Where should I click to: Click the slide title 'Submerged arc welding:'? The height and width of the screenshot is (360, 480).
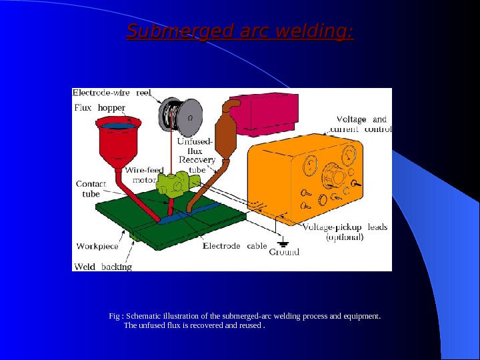point(241,31)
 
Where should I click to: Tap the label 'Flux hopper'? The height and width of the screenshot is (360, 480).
point(99,107)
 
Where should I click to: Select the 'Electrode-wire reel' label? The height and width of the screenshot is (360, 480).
point(112,93)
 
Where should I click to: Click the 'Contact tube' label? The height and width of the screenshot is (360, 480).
point(89,189)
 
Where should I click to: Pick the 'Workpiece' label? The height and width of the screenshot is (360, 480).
point(97,246)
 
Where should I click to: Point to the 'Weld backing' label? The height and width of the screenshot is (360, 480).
point(103,267)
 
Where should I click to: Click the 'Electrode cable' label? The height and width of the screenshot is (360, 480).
point(235,246)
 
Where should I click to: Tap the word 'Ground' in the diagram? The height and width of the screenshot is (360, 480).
point(284,252)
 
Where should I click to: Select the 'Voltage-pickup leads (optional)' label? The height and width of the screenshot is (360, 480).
point(345,232)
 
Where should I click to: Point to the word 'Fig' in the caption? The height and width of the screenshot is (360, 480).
point(114,316)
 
